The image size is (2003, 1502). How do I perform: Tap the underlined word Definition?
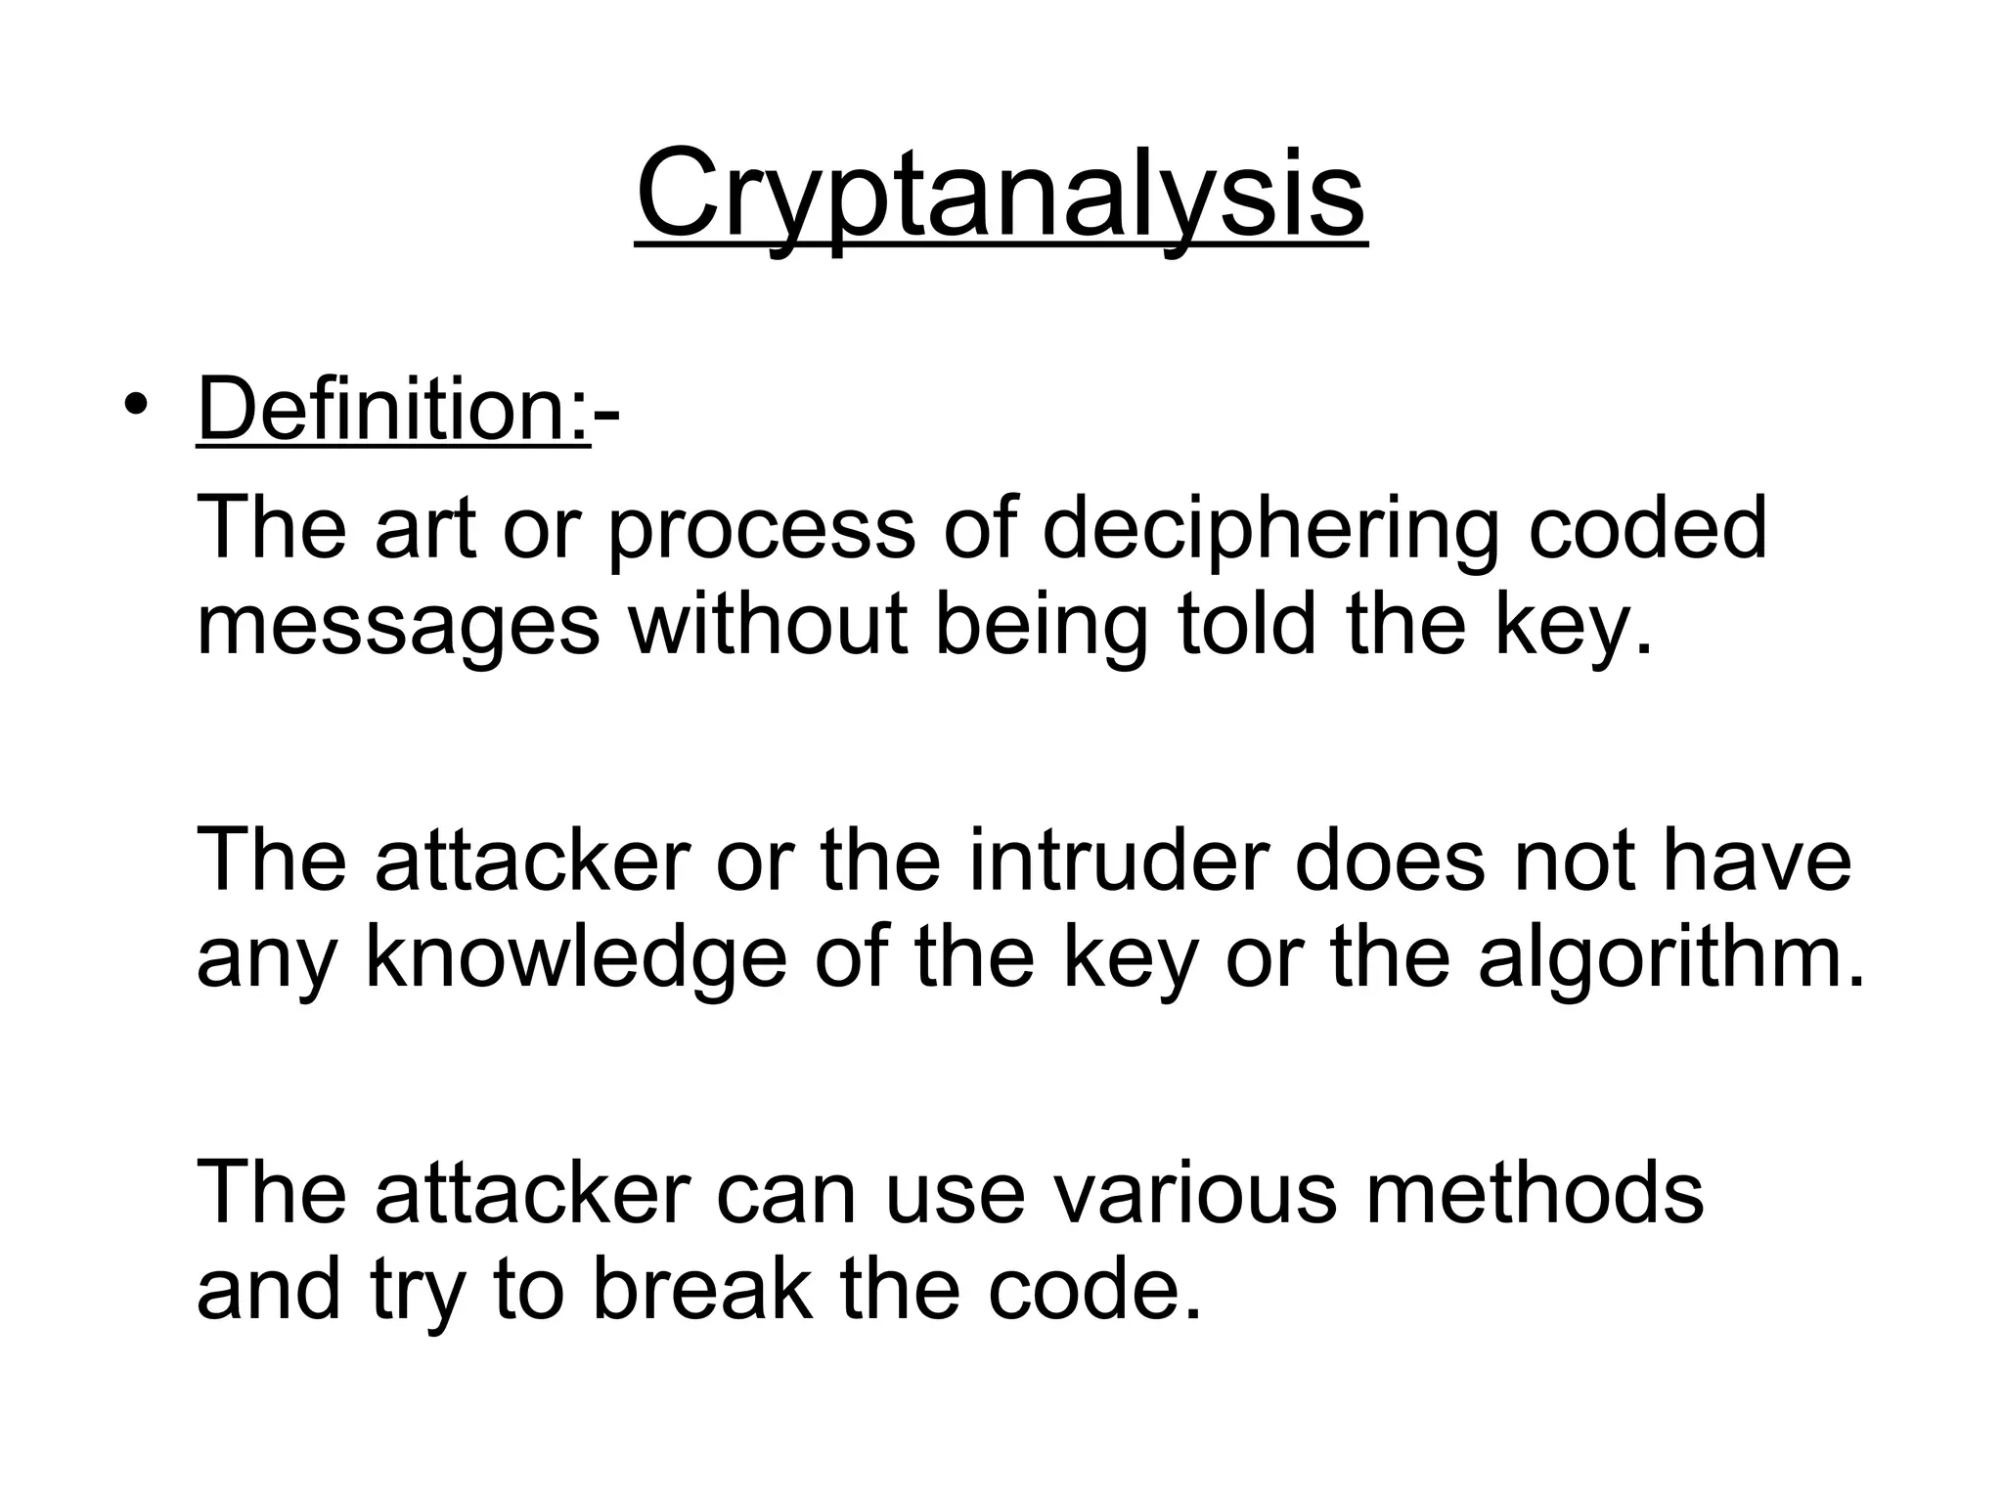[x=390, y=411]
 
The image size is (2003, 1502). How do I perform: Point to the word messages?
[x=398, y=628]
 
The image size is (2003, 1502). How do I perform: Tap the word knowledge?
[x=575, y=959]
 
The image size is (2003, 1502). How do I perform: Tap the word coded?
[x=1647, y=529]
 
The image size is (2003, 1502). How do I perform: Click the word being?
[x=1041, y=628]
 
